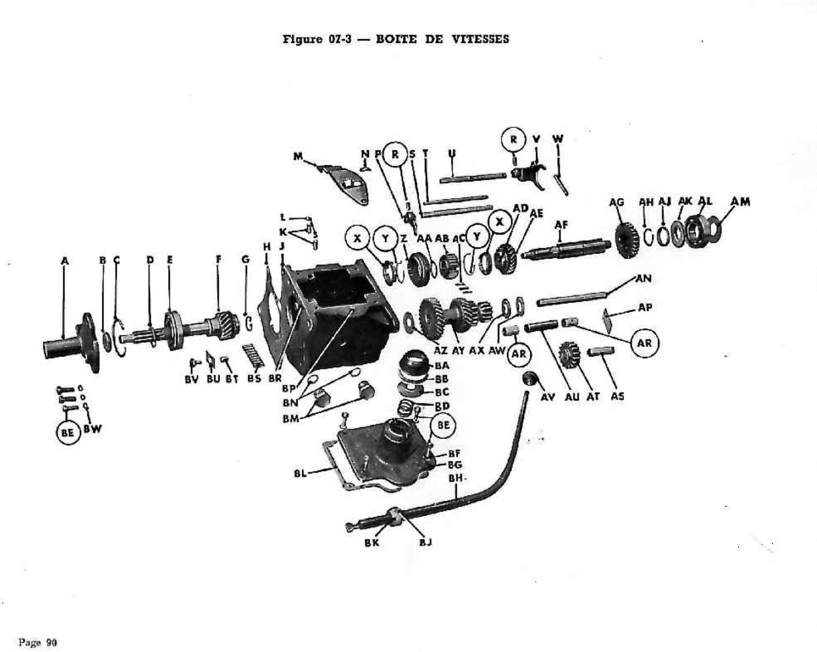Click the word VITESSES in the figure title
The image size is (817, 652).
480,39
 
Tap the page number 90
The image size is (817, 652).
51,642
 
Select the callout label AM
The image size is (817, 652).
740,202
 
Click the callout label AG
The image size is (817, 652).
616,202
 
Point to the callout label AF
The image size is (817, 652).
561,225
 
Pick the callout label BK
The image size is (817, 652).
372,543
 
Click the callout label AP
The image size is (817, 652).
645,308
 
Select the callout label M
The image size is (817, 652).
298,156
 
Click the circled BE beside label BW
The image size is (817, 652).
68,433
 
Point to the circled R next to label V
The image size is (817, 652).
513,139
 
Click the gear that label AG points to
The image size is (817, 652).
626,239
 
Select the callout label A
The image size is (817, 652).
64,261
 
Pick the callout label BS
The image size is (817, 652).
254,380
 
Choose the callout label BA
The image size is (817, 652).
442,365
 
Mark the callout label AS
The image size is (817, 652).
617,396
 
